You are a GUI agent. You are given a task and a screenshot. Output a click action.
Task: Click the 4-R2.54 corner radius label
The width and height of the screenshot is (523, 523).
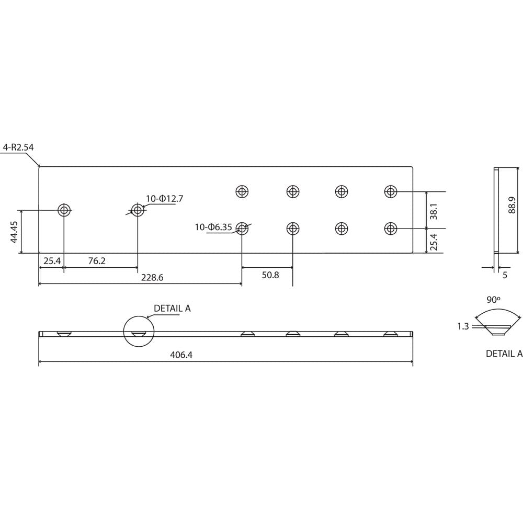click(x=18, y=147)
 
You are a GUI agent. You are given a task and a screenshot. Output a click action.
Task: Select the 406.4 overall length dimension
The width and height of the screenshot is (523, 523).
click(x=181, y=355)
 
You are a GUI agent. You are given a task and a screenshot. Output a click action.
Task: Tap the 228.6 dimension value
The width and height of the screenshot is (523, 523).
click(x=152, y=278)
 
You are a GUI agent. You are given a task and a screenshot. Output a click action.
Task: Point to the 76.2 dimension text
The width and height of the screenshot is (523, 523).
click(x=97, y=260)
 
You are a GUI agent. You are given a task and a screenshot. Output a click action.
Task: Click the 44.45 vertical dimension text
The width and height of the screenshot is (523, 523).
click(x=14, y=232)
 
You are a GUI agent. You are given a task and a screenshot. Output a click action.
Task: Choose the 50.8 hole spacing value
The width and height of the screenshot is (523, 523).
click(x=270, y=275)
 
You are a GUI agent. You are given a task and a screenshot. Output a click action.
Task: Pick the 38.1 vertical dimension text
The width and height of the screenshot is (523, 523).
click(x=434, y=210)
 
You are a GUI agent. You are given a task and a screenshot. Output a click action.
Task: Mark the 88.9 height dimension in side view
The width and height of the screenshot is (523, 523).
click(x=512, y=204)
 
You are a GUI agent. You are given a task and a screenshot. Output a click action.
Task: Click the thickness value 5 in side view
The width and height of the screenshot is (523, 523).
click(x=505, y=275)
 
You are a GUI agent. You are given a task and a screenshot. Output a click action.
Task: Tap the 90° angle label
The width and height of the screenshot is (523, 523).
click(x=494, y=300)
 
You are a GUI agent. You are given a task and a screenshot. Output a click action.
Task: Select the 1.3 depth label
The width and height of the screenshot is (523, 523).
click(x=463, y=327)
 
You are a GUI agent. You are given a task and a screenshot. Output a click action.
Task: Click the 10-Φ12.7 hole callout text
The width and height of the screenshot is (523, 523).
click(x=164, y=199)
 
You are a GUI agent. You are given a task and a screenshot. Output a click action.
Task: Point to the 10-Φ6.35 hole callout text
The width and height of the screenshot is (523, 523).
click(x=213, y=227)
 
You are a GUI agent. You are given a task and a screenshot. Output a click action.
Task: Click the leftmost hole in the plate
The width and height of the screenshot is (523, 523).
click(x=64, y=210)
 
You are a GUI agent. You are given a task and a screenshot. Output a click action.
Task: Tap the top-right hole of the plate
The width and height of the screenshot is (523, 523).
click(x=390, y=191)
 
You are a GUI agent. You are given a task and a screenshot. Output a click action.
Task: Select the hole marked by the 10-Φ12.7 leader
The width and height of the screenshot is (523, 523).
click(x=138, y=210)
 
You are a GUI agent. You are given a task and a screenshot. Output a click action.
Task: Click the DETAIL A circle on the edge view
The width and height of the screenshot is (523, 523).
click(x=139, y=331)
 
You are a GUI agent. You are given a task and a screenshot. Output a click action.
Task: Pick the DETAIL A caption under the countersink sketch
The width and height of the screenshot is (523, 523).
click(x=504, y=354)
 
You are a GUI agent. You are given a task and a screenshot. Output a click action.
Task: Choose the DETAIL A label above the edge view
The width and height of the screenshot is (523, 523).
click(x=172, y=309)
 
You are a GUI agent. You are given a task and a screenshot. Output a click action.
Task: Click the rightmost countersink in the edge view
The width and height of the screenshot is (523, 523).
click(x=390, y=334)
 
